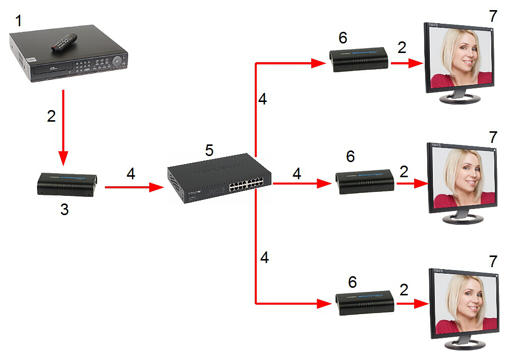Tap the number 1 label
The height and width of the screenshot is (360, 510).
[x=19, y=21]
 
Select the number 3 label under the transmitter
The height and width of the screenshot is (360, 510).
[x=64, y=210]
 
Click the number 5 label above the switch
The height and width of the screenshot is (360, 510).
[x=209, y=150]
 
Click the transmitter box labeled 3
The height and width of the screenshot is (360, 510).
[x=67, y=185]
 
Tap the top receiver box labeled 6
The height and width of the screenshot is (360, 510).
[x=359, y=60]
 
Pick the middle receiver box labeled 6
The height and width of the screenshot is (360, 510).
[x=365, y=181]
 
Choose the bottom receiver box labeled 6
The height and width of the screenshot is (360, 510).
[x=365, y=303]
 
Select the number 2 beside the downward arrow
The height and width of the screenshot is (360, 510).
[x=51, y=116]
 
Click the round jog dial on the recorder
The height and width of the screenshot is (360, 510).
[x=118, y=60]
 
